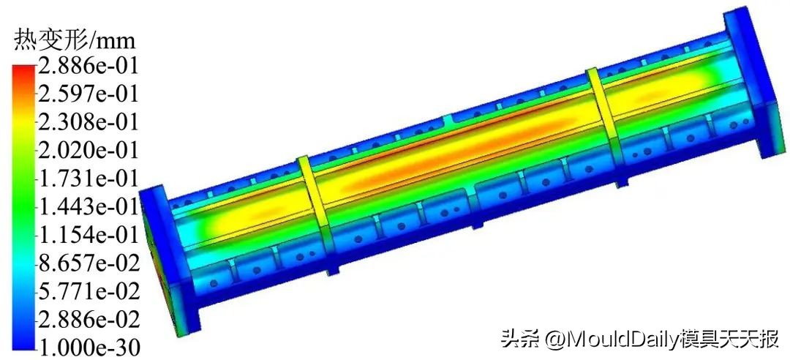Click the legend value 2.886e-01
click(x=88, y=67)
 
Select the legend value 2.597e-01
click(x=88, y=94)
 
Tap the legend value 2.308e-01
click(x=88, y=121)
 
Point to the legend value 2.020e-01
click(x=88, y=150)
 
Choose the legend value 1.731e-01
click(x=88, y=179)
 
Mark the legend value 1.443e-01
click(x=88, y=207)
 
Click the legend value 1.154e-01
click(x=88, y=235)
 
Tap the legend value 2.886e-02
click(x=88, y=320)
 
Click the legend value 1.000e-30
click(x=88, y=346)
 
